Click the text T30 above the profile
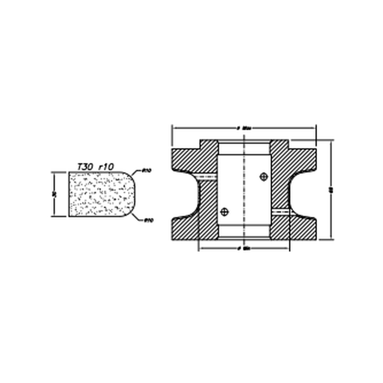click(x=85, y=167)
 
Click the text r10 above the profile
click(x=106, y=167)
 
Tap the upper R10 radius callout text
click(x=146, y=171)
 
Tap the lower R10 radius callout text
click(x=148, y=220)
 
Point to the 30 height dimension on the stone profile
click(x=54, y=194)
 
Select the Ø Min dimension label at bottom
click(x=245, y=248)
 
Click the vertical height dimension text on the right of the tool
click(x=330, y=190)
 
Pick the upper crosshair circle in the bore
click(x=263, y=177)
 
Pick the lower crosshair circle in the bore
click(x=224, y=212)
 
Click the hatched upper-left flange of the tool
click(x=187, y=159)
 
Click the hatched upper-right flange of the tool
click(x=301, y=159)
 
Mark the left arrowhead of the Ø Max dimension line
click(x=174, y=128)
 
